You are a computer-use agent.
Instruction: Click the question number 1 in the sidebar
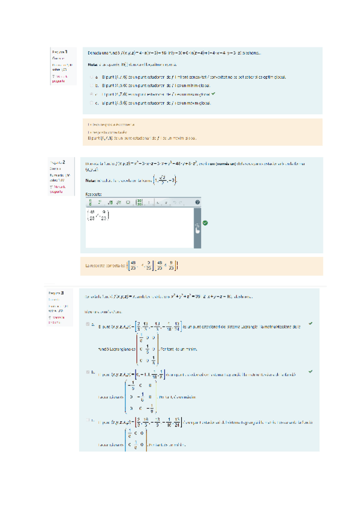click(x=66, y=52)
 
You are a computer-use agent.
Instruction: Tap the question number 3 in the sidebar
click(x=71, y=292)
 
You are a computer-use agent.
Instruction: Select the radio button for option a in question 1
click(x=91, y=77)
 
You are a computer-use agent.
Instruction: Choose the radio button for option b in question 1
click(x=91, y=86)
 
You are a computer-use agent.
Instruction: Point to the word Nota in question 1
click(x=92, y=65)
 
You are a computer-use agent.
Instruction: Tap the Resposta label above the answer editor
click(x=94, y=194)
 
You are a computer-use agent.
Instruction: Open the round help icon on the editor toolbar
click(x=197, y=202)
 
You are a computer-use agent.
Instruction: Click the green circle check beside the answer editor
click(x=206, y=223)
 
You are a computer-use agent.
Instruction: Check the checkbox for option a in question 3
click(x=88, y=325)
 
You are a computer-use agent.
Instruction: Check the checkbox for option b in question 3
click(x=88, y=373)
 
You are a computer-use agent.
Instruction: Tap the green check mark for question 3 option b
click(x=310, y=372)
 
